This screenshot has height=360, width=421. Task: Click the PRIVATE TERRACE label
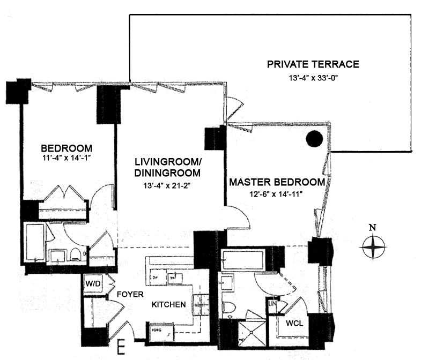[313, 65]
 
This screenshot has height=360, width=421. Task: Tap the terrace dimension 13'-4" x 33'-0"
[313, 78]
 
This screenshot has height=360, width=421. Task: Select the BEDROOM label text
[67, 148]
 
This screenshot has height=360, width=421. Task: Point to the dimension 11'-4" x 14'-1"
[67, 158]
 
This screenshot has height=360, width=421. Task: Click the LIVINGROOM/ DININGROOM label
[167, 167]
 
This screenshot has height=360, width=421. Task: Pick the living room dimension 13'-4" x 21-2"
[167, 185]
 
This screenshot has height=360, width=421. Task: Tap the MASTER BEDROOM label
[277, 182]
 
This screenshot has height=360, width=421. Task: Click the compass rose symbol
[374, 247]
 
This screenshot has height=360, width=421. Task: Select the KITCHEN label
[169, 304]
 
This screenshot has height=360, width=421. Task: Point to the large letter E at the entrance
[123, 348]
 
